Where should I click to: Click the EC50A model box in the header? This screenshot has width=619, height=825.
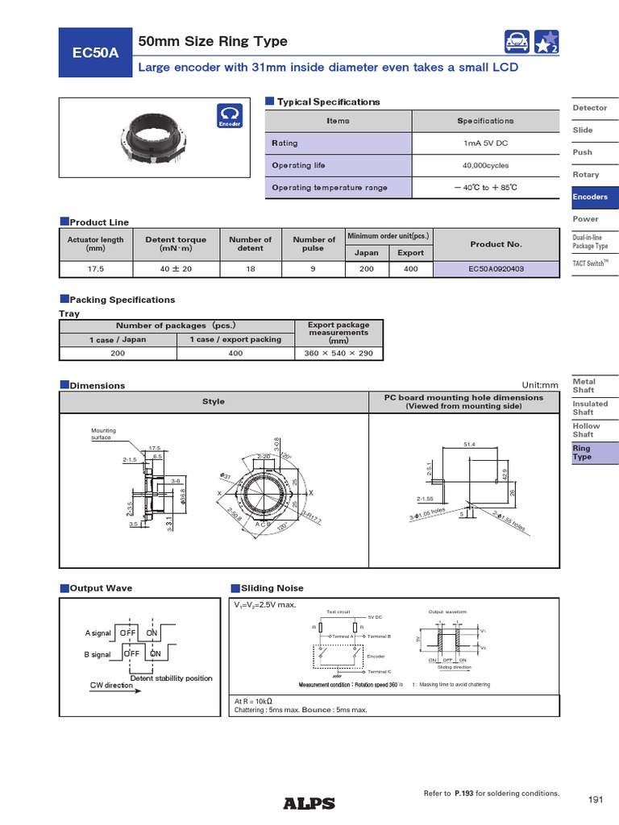pos(95,53)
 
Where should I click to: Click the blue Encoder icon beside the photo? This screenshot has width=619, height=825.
pos(228,117)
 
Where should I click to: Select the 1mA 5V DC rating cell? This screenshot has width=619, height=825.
pos(485,143)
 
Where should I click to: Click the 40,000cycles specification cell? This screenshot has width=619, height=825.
pos(485,165)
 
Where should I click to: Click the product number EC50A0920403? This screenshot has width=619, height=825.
pos(496,269)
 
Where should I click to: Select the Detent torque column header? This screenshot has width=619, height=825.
pos(176,244)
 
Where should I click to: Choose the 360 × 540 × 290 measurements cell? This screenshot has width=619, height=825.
pos(338,353)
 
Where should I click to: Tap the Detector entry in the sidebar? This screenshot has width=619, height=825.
pos(589,108)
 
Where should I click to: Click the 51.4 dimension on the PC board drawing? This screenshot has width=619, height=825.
pos(470,444)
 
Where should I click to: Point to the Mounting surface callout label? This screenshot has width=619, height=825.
pos(103,434)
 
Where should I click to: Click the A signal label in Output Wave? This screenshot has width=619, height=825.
pos(98,633)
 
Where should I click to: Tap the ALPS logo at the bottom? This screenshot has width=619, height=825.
pos(309,802)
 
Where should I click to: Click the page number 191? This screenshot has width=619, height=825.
pos(596,799)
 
